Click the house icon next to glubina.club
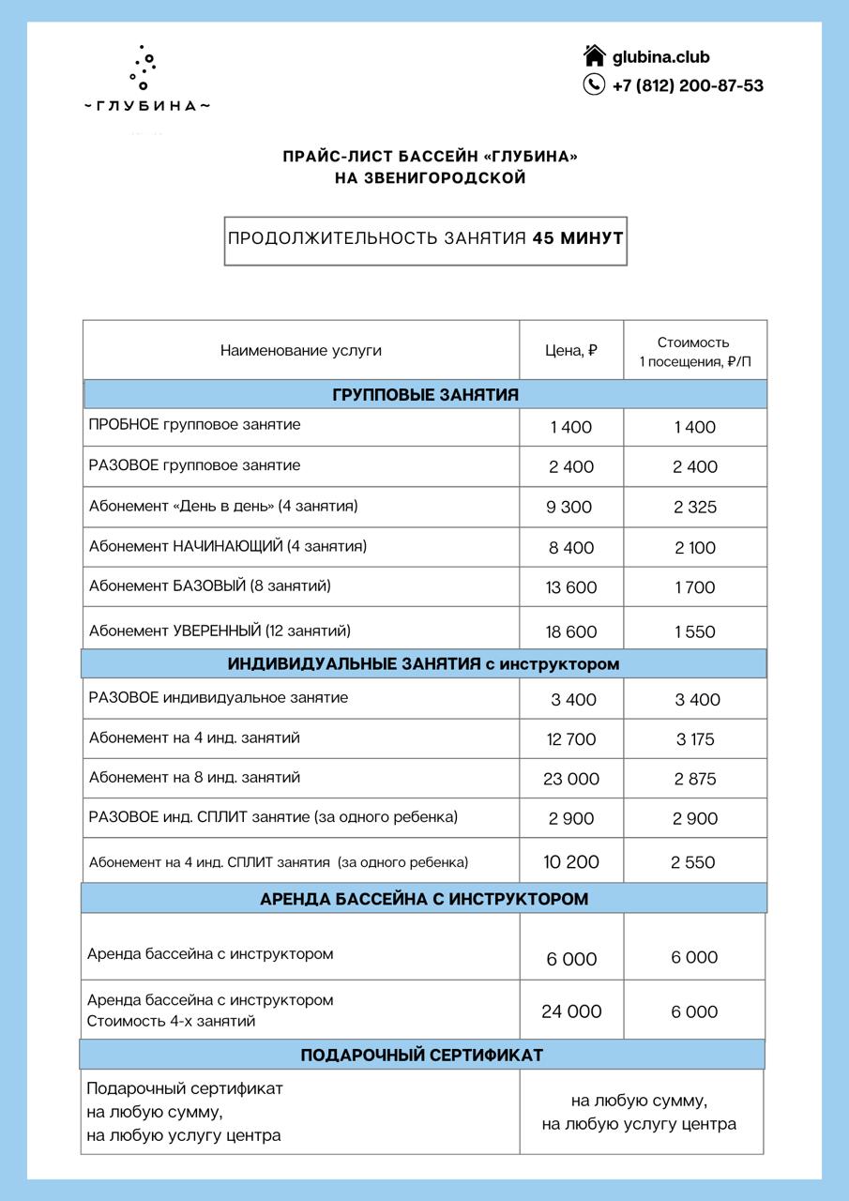click(594, 55)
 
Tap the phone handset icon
click(594, 84)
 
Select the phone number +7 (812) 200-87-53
click(688, 85)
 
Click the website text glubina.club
click(660, 57)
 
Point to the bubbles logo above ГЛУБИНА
click(143, 68)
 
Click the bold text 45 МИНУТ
click(578, 238)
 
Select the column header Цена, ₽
click(571, 351)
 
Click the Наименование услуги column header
click(301, 351)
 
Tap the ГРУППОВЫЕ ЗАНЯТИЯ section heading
click(425, 395)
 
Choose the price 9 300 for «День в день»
click(569, 508)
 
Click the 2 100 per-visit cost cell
click(695, 548)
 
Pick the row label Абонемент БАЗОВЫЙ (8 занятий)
click(210, 586)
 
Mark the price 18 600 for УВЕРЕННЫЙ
click(570, 632)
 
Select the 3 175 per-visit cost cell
click(695, 739)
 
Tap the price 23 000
click(571, 779)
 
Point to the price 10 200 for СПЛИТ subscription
click(571, 862)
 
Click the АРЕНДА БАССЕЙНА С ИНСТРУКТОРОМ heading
click(424, 899)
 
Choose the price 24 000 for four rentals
click(571, 1011)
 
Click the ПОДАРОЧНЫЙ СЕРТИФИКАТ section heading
click(422, 1056)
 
